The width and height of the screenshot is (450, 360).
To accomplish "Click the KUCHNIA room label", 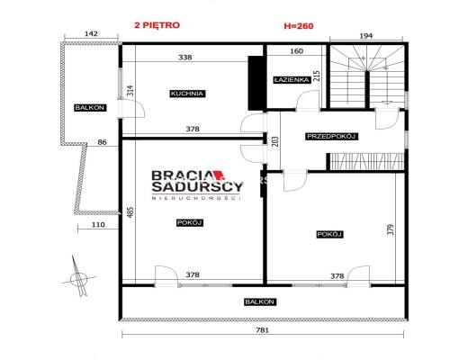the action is click(x=187, y=94).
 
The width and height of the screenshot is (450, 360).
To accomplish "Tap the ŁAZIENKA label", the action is click(x=292, y=80).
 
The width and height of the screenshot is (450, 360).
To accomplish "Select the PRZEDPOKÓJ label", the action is click(x=331, y=137).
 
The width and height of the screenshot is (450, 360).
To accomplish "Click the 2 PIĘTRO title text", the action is click(x=157, y=25).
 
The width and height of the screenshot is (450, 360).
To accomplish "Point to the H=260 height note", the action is click(x=299, y=26).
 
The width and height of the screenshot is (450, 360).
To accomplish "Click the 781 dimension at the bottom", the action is click(x=262, y=330).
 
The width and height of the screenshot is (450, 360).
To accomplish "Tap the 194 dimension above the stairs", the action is click(x=365, y=36).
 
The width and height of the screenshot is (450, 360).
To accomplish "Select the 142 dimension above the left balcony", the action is click(x=91, y=34).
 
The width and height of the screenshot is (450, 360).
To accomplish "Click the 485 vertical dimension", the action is click(x=130, y=212).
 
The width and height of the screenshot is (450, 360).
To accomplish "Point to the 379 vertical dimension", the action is click(x=391, y=229).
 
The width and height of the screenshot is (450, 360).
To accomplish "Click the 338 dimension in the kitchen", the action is click(x=185, y=58).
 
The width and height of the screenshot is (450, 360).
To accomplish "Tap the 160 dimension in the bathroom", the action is click(x=297, y=51).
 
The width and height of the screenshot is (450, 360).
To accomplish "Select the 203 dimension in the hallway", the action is click(x=276, y=142).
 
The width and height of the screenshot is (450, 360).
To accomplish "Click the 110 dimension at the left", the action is click(x=98, y=225).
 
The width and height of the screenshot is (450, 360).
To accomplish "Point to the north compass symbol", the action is click(x=78, y=277).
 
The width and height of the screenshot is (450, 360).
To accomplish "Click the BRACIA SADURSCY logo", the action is click(x=197, y=184).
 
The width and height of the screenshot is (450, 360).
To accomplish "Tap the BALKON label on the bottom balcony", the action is click(x=259, y=301).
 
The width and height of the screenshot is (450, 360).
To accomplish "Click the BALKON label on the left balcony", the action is click(x=90, y=108).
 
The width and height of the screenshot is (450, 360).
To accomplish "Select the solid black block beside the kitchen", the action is click(x=256, y=83).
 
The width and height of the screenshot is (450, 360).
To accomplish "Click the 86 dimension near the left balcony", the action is click(x=103, y=142).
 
